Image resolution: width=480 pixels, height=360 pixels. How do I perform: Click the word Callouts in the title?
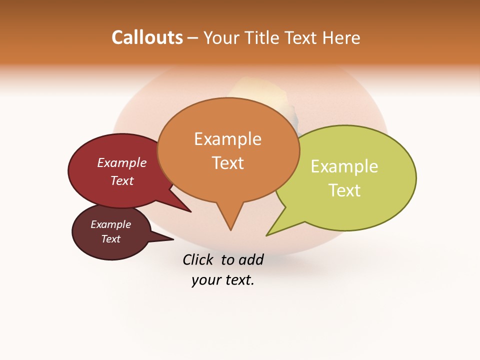(x=147, y=37)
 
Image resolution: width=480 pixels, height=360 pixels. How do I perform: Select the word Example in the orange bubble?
(x=227, y=139)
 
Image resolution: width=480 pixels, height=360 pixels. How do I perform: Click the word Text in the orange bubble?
(x=227, y=163)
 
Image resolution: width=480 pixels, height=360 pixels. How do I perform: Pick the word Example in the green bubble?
(x=344, y=166)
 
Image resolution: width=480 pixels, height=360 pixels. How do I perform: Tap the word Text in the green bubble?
(x=344, y=190)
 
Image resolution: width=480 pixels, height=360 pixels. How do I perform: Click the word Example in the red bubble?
(x=122, y=162)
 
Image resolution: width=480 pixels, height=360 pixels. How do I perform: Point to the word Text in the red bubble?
(x=122, y=180)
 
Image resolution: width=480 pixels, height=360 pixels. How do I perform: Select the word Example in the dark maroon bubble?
(x=111, y=224)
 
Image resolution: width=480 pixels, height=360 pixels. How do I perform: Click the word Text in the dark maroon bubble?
(x=111, y=239)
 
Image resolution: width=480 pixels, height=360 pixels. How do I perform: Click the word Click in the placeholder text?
(x=198, y=259)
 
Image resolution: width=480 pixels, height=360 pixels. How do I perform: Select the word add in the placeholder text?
(x=251, y=259)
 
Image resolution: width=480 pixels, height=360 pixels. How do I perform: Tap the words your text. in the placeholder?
(x=223, y=280)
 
